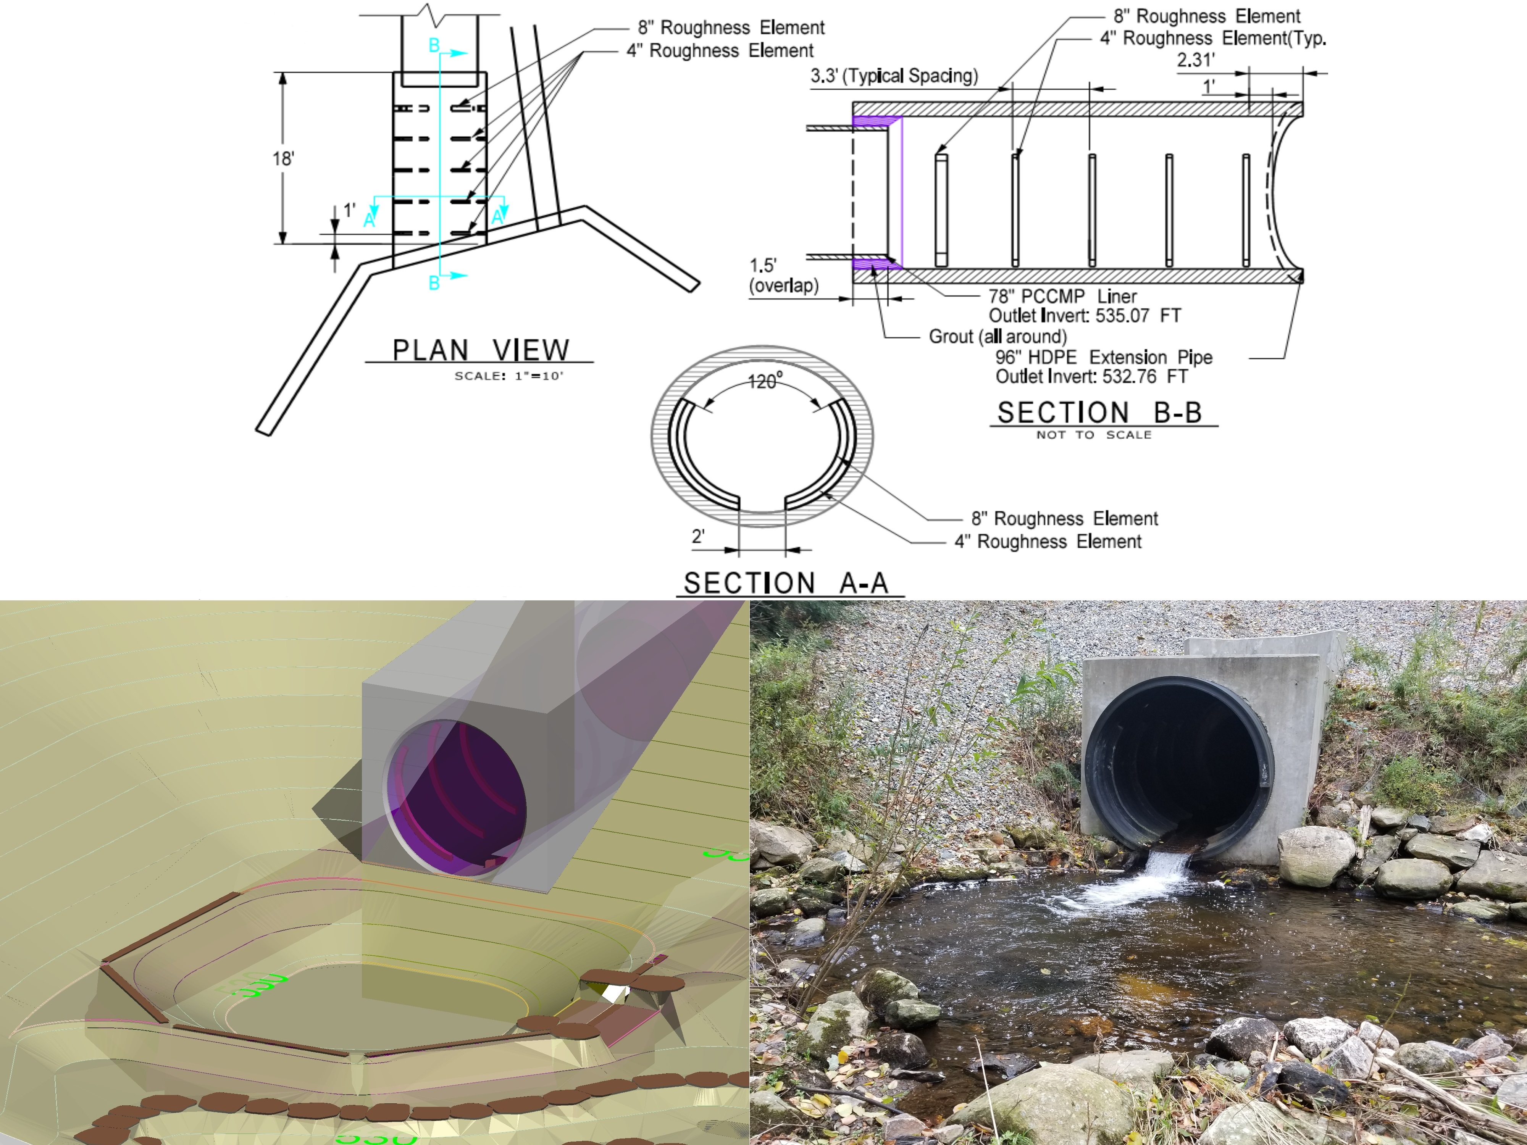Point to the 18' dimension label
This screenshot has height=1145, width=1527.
(283, 159)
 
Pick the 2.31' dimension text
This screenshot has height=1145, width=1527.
(1195, 60)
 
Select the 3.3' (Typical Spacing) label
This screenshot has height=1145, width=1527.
(894, 76)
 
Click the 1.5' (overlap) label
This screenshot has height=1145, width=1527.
(783, 276)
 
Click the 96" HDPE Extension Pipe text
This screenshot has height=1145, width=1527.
(1103, 358)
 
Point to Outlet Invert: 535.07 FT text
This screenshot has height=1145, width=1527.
(1085, 316)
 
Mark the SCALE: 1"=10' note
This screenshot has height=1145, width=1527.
(509, 376)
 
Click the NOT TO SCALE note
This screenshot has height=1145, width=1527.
(1093, 435)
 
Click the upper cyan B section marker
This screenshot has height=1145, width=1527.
(434, 45)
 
